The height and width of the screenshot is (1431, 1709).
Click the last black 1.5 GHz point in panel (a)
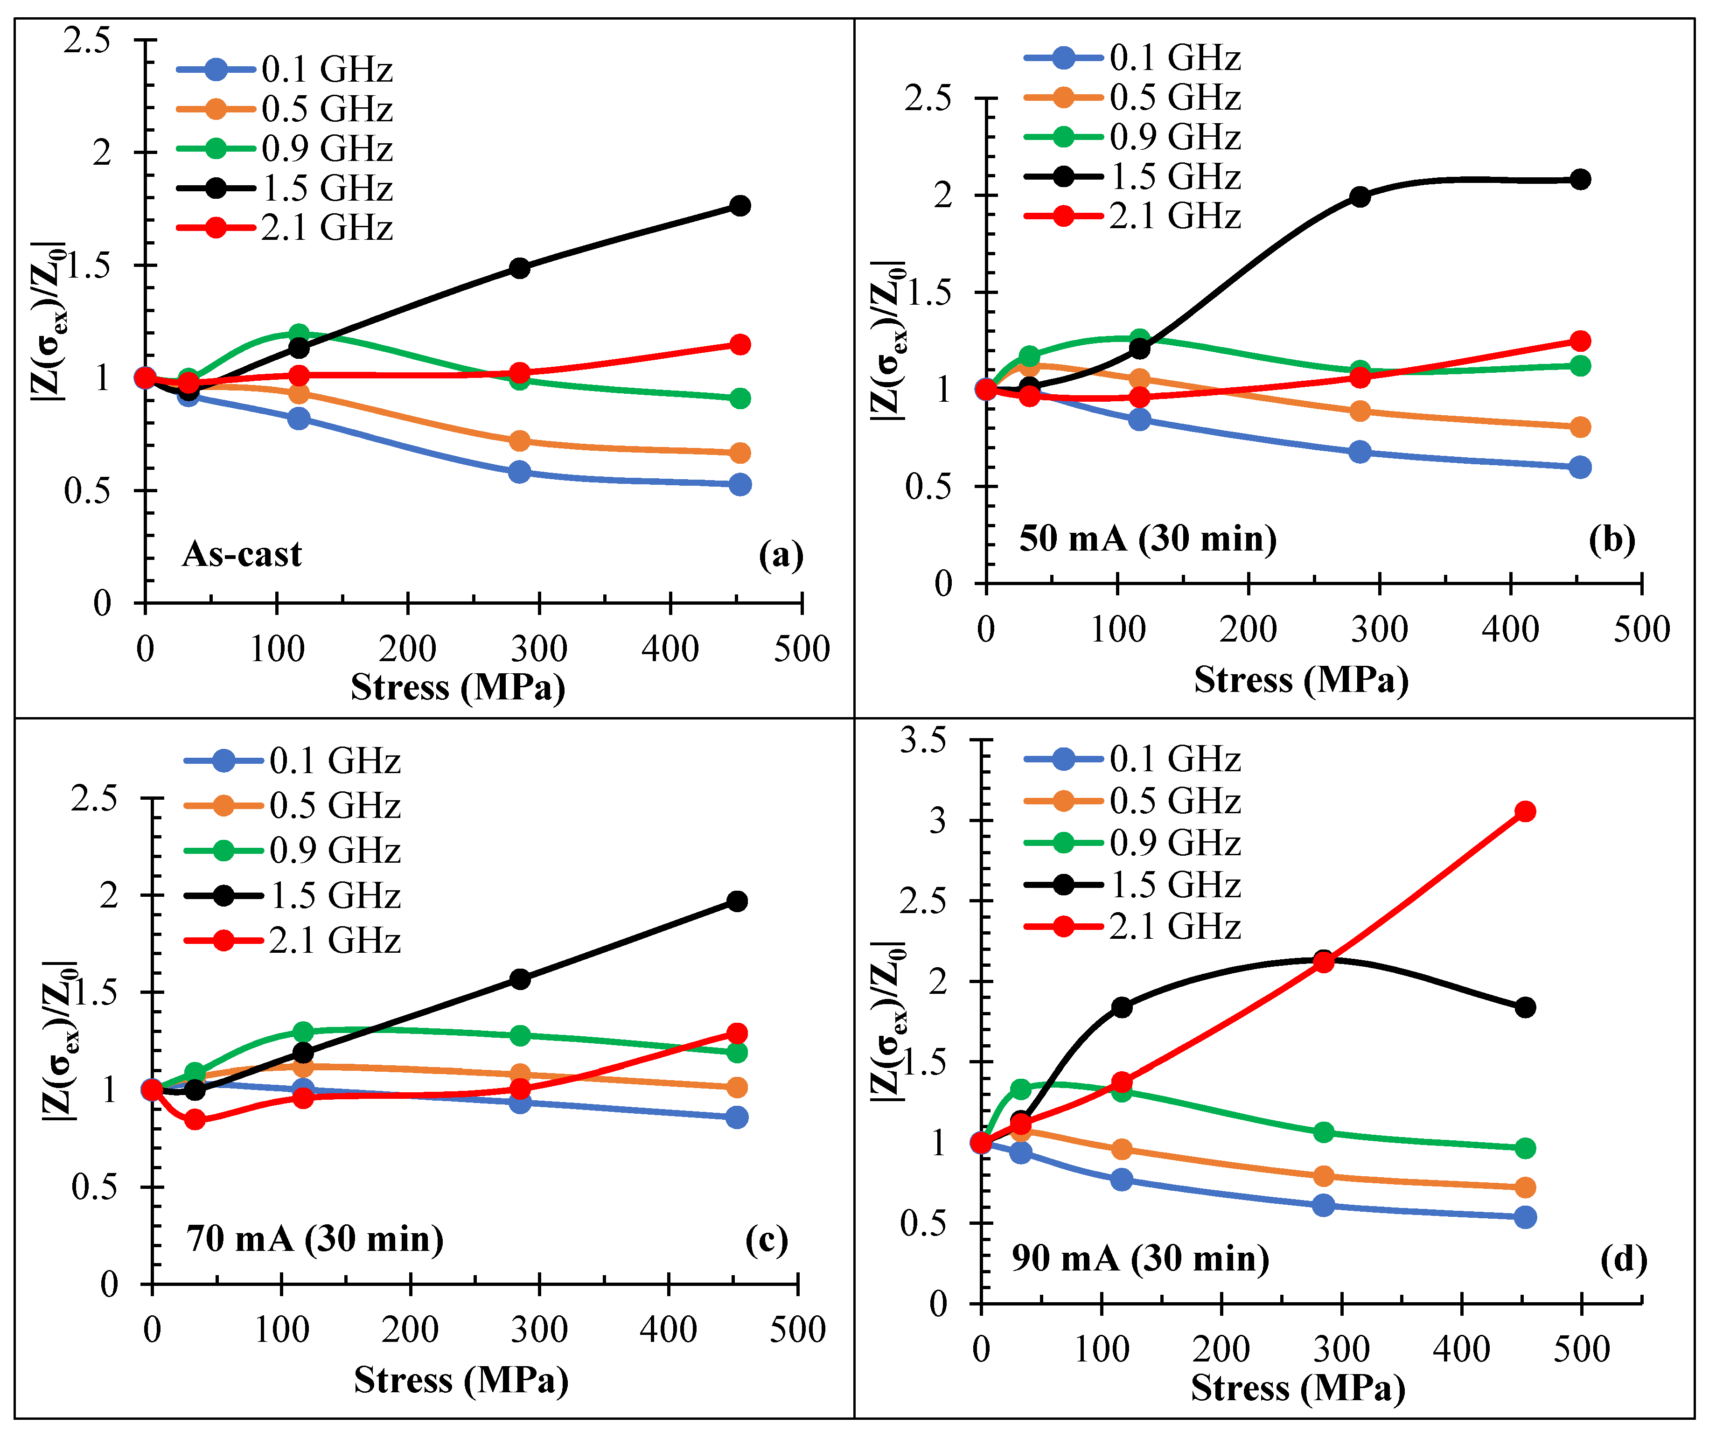(x=740, y=205)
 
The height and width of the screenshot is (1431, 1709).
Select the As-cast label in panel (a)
(x=242, y=554)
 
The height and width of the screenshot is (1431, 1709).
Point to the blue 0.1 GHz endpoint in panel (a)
(x=740, y=484)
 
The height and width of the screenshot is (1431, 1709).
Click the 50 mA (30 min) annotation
(x=1147, y=539)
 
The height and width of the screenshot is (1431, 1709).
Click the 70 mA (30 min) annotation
(x=315, y=1239)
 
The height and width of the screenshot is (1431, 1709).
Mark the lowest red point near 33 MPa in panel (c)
(x=195, y=1119)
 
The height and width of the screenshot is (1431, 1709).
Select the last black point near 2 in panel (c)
(x=737, y=901)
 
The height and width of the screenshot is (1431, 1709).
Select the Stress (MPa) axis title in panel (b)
(x=1300, y=680)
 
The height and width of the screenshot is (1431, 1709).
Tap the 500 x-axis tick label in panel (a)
(x=802, y=649)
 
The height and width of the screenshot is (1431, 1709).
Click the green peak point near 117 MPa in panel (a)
(x=299, y=334)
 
